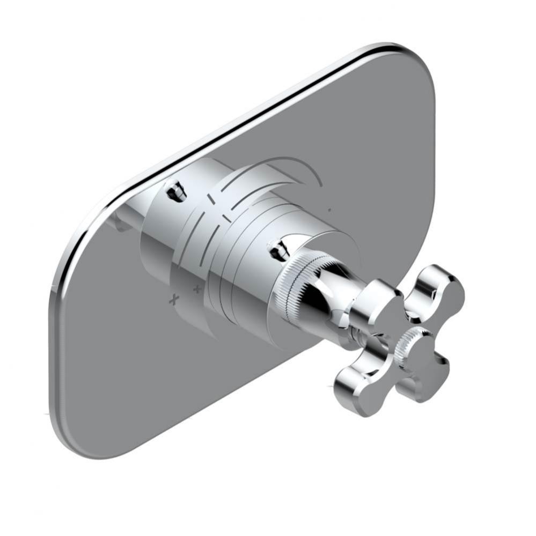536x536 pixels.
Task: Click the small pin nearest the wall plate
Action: [175, 190]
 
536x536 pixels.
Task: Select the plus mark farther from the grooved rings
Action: [173, 299]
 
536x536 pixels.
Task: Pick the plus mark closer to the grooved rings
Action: [197, 290]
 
